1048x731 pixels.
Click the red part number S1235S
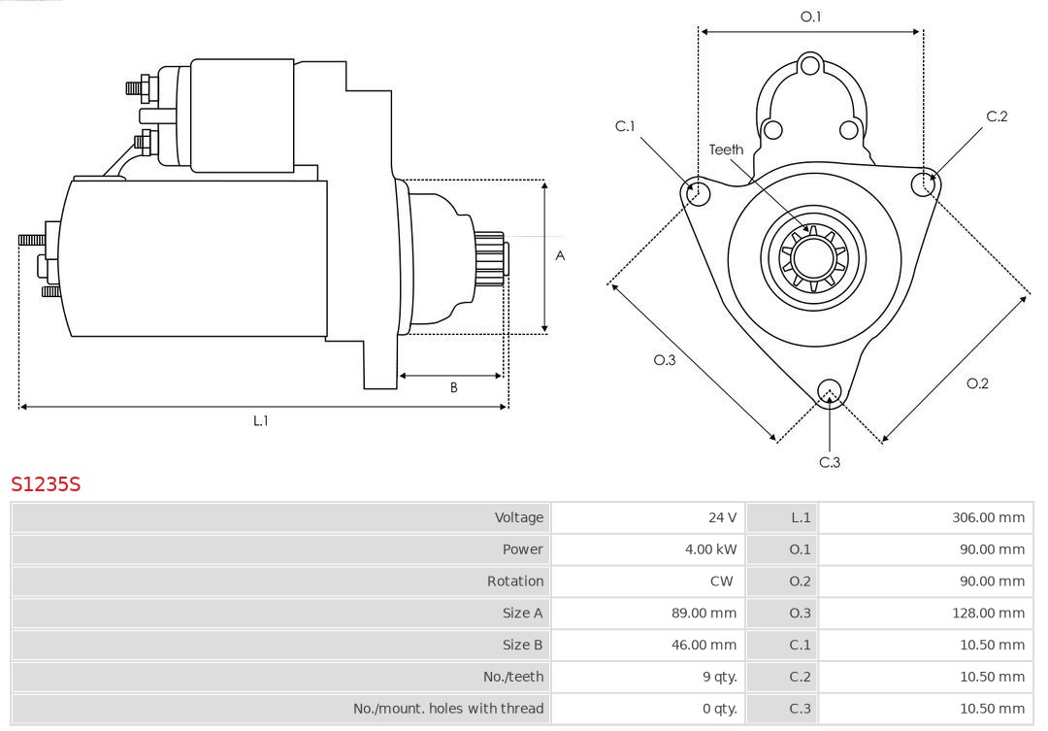(x=46, y=483)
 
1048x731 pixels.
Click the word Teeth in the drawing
(x=726, y=150)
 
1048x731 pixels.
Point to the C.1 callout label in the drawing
(x=625, y=126)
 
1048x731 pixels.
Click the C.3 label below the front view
(x=830, y=462)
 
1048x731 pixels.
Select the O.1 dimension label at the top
(x=810, y=17)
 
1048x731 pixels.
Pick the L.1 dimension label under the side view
(x=261, y=420)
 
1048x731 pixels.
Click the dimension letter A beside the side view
(x=560, y=256)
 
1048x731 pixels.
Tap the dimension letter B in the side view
(x=453, y=387)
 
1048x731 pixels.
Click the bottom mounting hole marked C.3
(x=829, y=391)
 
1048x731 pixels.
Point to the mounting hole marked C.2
(x=923, y=183)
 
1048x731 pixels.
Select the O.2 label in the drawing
(x=977, y=383)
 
